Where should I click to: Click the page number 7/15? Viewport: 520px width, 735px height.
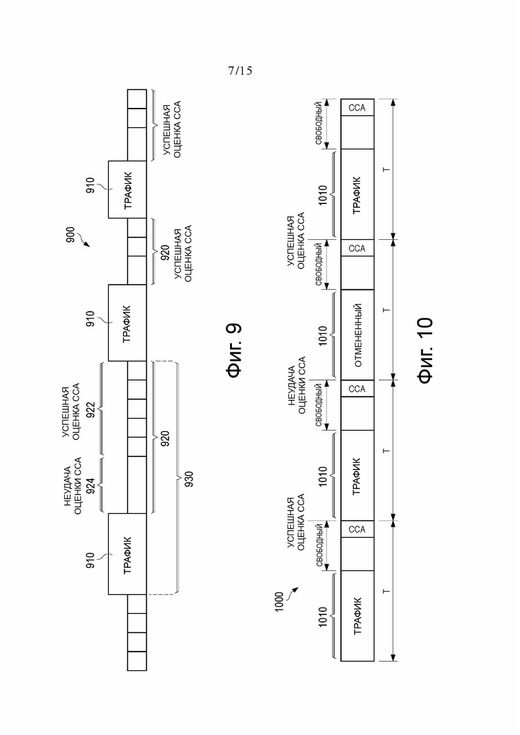pyautogui.click(x=240, y=71)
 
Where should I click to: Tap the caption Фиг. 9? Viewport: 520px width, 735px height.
pyautogui.click(x=234, y=350)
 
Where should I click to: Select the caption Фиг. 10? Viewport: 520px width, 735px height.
pyautogui.click(x=425, y=351)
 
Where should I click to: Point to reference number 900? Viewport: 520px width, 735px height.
pyautogui.click(x=71, y=235)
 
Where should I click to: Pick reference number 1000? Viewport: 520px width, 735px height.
pyautogui.click(x=279, y=602)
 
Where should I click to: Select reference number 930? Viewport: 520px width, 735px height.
pyautogui.click(x=189, y=478)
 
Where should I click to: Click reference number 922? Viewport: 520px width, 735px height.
pyautogui.click(x=91, y=410)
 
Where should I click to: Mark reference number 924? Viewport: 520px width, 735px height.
pyautogui.click(x=91, y=486)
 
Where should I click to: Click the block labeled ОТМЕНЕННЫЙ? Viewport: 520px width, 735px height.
pyautogui.click(x=357, y=335)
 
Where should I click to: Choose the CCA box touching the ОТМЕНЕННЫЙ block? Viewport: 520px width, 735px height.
pyautogui.click(x=357, y=388)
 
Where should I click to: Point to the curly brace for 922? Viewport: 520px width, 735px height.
pyautogui.click(x=101, y=408)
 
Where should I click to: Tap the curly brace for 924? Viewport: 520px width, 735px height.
pyautogui.click(x=101, y=485)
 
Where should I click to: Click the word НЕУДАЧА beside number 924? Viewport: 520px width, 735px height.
pyautogui.click(x=68, y=486)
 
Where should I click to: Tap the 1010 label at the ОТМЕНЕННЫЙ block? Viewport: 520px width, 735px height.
pyautogui.click(x=323, y=336)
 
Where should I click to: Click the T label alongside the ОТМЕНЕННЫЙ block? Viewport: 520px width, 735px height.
pyautogui.click(x=387, y=310)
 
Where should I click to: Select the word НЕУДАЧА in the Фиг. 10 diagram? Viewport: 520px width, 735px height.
pyautogui.click(x=291, y=385)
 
